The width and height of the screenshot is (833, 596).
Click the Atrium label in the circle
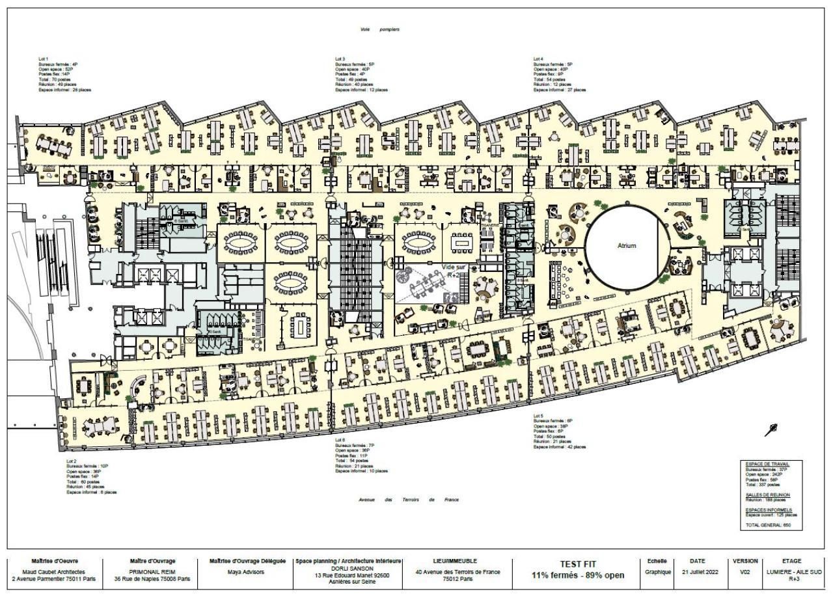click(x=626, y=246)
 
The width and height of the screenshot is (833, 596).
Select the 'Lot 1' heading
click(x=43, y=59)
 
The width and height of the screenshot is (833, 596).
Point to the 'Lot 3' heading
click(x=340, y=59)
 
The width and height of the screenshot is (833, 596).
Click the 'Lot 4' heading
click(x=538, y=59)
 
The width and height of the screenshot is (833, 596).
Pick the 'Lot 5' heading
click(x=538, y=415)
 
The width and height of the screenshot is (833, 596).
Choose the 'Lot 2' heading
click(x=72, y=461)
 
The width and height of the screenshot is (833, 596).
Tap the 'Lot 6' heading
click(x=340, y=440)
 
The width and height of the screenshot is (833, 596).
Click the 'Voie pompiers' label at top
click(x=379, y=29)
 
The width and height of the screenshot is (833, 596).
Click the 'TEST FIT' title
click(x=577, y=563)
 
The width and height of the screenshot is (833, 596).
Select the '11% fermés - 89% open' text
click(x=577, y=575)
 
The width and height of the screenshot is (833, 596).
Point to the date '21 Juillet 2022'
click(x=701, y=571)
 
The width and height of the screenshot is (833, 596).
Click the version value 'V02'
click(x=745, y=571)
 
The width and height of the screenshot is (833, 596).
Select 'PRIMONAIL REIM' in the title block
click(x=152, y=571)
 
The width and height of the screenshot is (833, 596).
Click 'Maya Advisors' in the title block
click(x=247, y=571)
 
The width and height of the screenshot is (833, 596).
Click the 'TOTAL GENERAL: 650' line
click(x=768, y=524)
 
